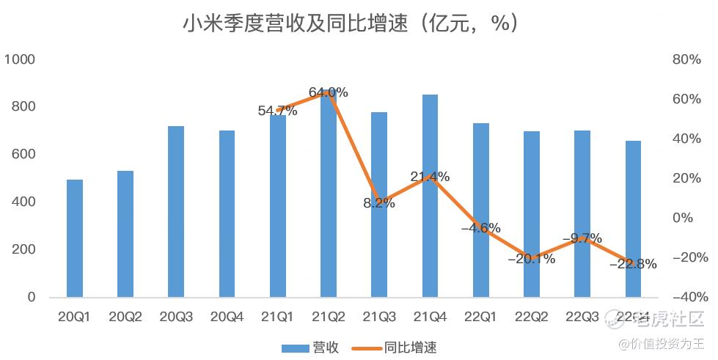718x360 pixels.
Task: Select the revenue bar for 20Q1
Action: tap(75, 238)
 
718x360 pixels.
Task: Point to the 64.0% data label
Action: tap(328, 92)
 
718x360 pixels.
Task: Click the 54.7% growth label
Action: tap(277, 111)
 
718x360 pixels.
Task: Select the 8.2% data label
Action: tap(378, 203)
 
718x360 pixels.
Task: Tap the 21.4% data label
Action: tap(430, 177)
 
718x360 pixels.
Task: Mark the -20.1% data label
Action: tap(530, 258)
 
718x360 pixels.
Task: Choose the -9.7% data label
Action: tap(582, 238)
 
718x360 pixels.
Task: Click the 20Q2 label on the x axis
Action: tap(125, 317)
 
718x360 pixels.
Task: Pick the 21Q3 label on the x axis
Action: tap(378, 317)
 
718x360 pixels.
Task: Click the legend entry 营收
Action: tap(310, 347)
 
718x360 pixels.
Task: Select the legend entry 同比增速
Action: tap(399, 347)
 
